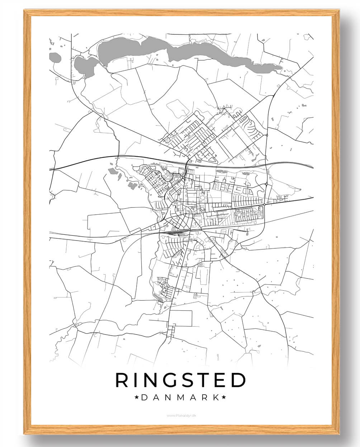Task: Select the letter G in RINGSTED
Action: point(169,380)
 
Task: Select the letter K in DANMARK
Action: point(215,397)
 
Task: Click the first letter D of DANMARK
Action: point(144,397)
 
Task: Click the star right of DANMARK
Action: point(224,397)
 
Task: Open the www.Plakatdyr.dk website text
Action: point(181,415)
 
